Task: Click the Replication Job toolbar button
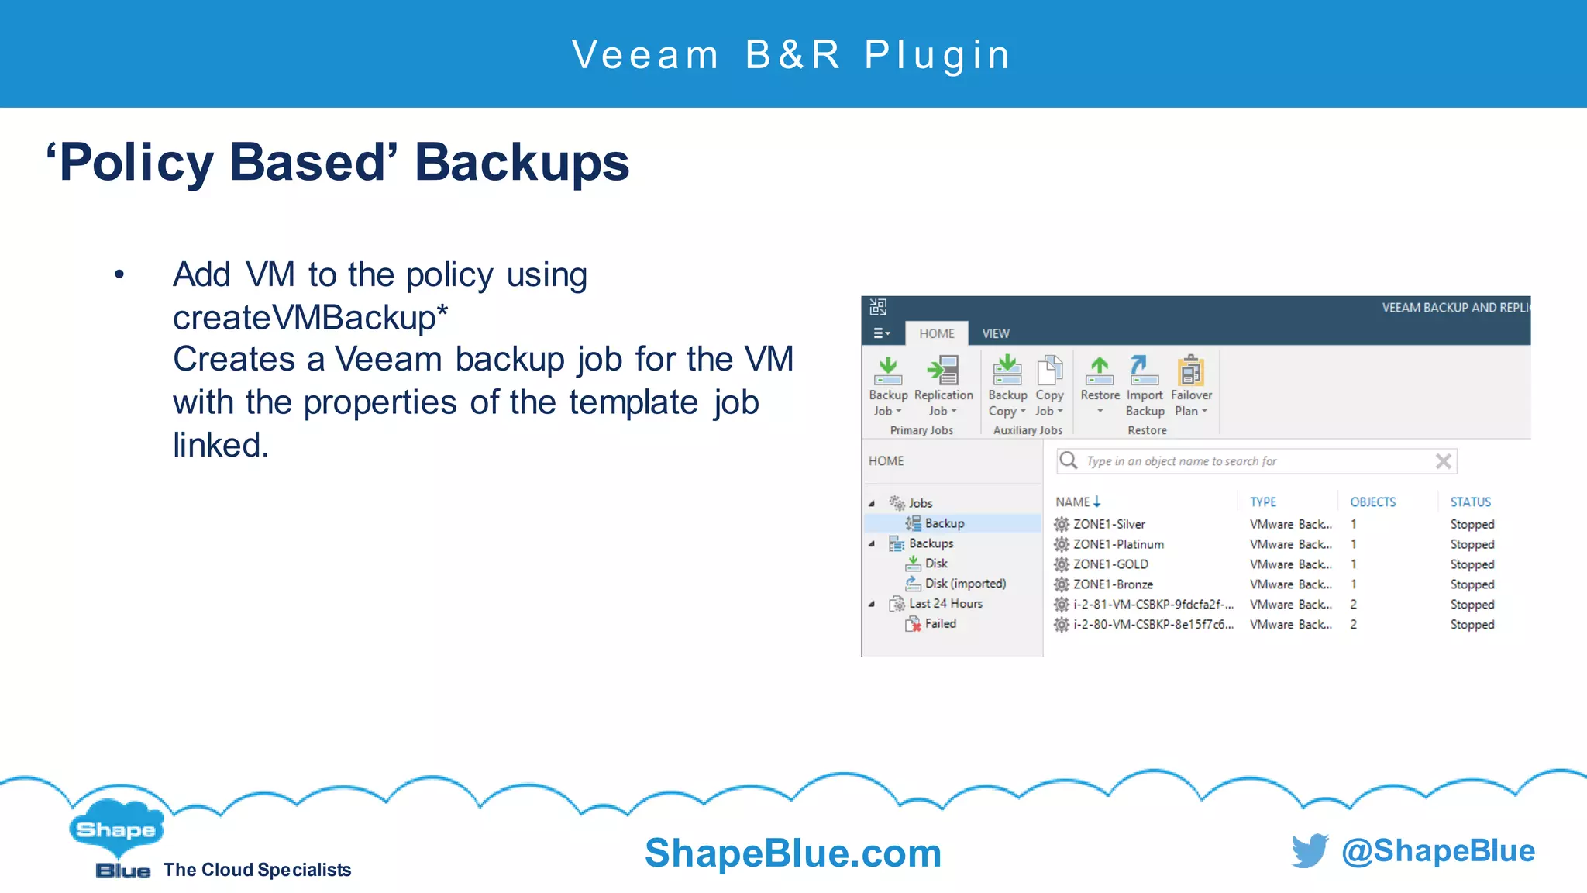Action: click(x=942, y=385)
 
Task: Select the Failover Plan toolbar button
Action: click(x=1191, y=385)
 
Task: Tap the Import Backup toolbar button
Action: click(x=1145, y=385)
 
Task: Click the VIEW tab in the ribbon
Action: click(x=996, y=333)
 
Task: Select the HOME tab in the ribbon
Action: click(x=936, y=333)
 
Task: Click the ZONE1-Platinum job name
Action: click(x=1118, y=544)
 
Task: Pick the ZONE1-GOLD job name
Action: click(x=1110, y=564)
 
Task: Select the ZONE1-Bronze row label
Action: click(x=1113, y=584)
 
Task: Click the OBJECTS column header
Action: click(x=1372, y=502)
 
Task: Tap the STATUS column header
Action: click(x=1470, y=502)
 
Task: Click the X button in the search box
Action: click(x=1443, y=461)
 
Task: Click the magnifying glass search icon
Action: click(x=1069, y=460)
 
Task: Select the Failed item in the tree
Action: click(x=940, y=624)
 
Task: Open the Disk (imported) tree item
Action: click(x=965, y=584)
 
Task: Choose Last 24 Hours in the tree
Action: click(x=945, y=604)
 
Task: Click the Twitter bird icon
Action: click(x=1310, y=851)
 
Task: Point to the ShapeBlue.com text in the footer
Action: click(x=793, y=853)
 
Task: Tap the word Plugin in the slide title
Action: click(x=938, y=55)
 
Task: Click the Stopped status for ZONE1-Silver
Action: click(x=1472, y=525)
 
